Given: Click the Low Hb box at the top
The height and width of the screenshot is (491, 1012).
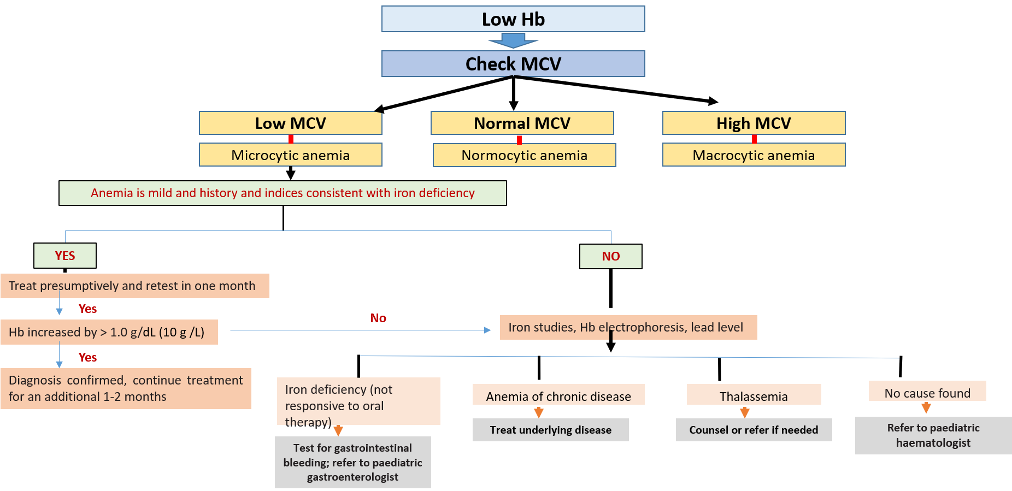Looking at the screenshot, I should (x=513, y=19).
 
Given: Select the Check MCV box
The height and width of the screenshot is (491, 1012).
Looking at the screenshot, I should (x=513, y=64).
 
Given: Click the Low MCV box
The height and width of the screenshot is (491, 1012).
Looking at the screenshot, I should (x=290, y=123).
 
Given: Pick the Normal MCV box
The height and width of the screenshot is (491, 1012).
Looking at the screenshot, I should (x=522, y=123).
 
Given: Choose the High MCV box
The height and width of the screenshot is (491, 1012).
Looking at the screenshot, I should (x=754, y=123).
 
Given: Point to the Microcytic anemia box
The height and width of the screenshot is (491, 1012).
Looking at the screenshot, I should (x=290, y=155).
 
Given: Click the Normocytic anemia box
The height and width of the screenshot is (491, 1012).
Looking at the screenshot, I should (x=524, y=156).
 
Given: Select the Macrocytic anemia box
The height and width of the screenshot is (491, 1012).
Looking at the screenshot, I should (x=754, y=155).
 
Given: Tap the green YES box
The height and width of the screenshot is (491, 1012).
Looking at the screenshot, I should (x=65, y=256).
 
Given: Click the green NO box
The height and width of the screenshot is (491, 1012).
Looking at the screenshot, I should (x=610, y=256).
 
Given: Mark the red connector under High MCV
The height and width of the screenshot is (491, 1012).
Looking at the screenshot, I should (x=754, y=139).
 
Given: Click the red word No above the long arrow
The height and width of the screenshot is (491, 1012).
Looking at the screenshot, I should (x=378, y=318).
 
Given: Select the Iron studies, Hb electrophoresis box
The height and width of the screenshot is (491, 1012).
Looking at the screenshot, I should (x=628, y=327).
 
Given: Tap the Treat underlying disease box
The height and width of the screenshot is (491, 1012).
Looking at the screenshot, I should (x=550, y=430).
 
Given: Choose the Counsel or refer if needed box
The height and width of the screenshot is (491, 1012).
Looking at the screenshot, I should (x=754, y=430).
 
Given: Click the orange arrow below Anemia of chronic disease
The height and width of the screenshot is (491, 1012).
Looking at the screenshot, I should (x=539, y=412).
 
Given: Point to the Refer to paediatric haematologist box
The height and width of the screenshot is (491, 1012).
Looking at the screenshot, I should (x=933, y=435).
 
